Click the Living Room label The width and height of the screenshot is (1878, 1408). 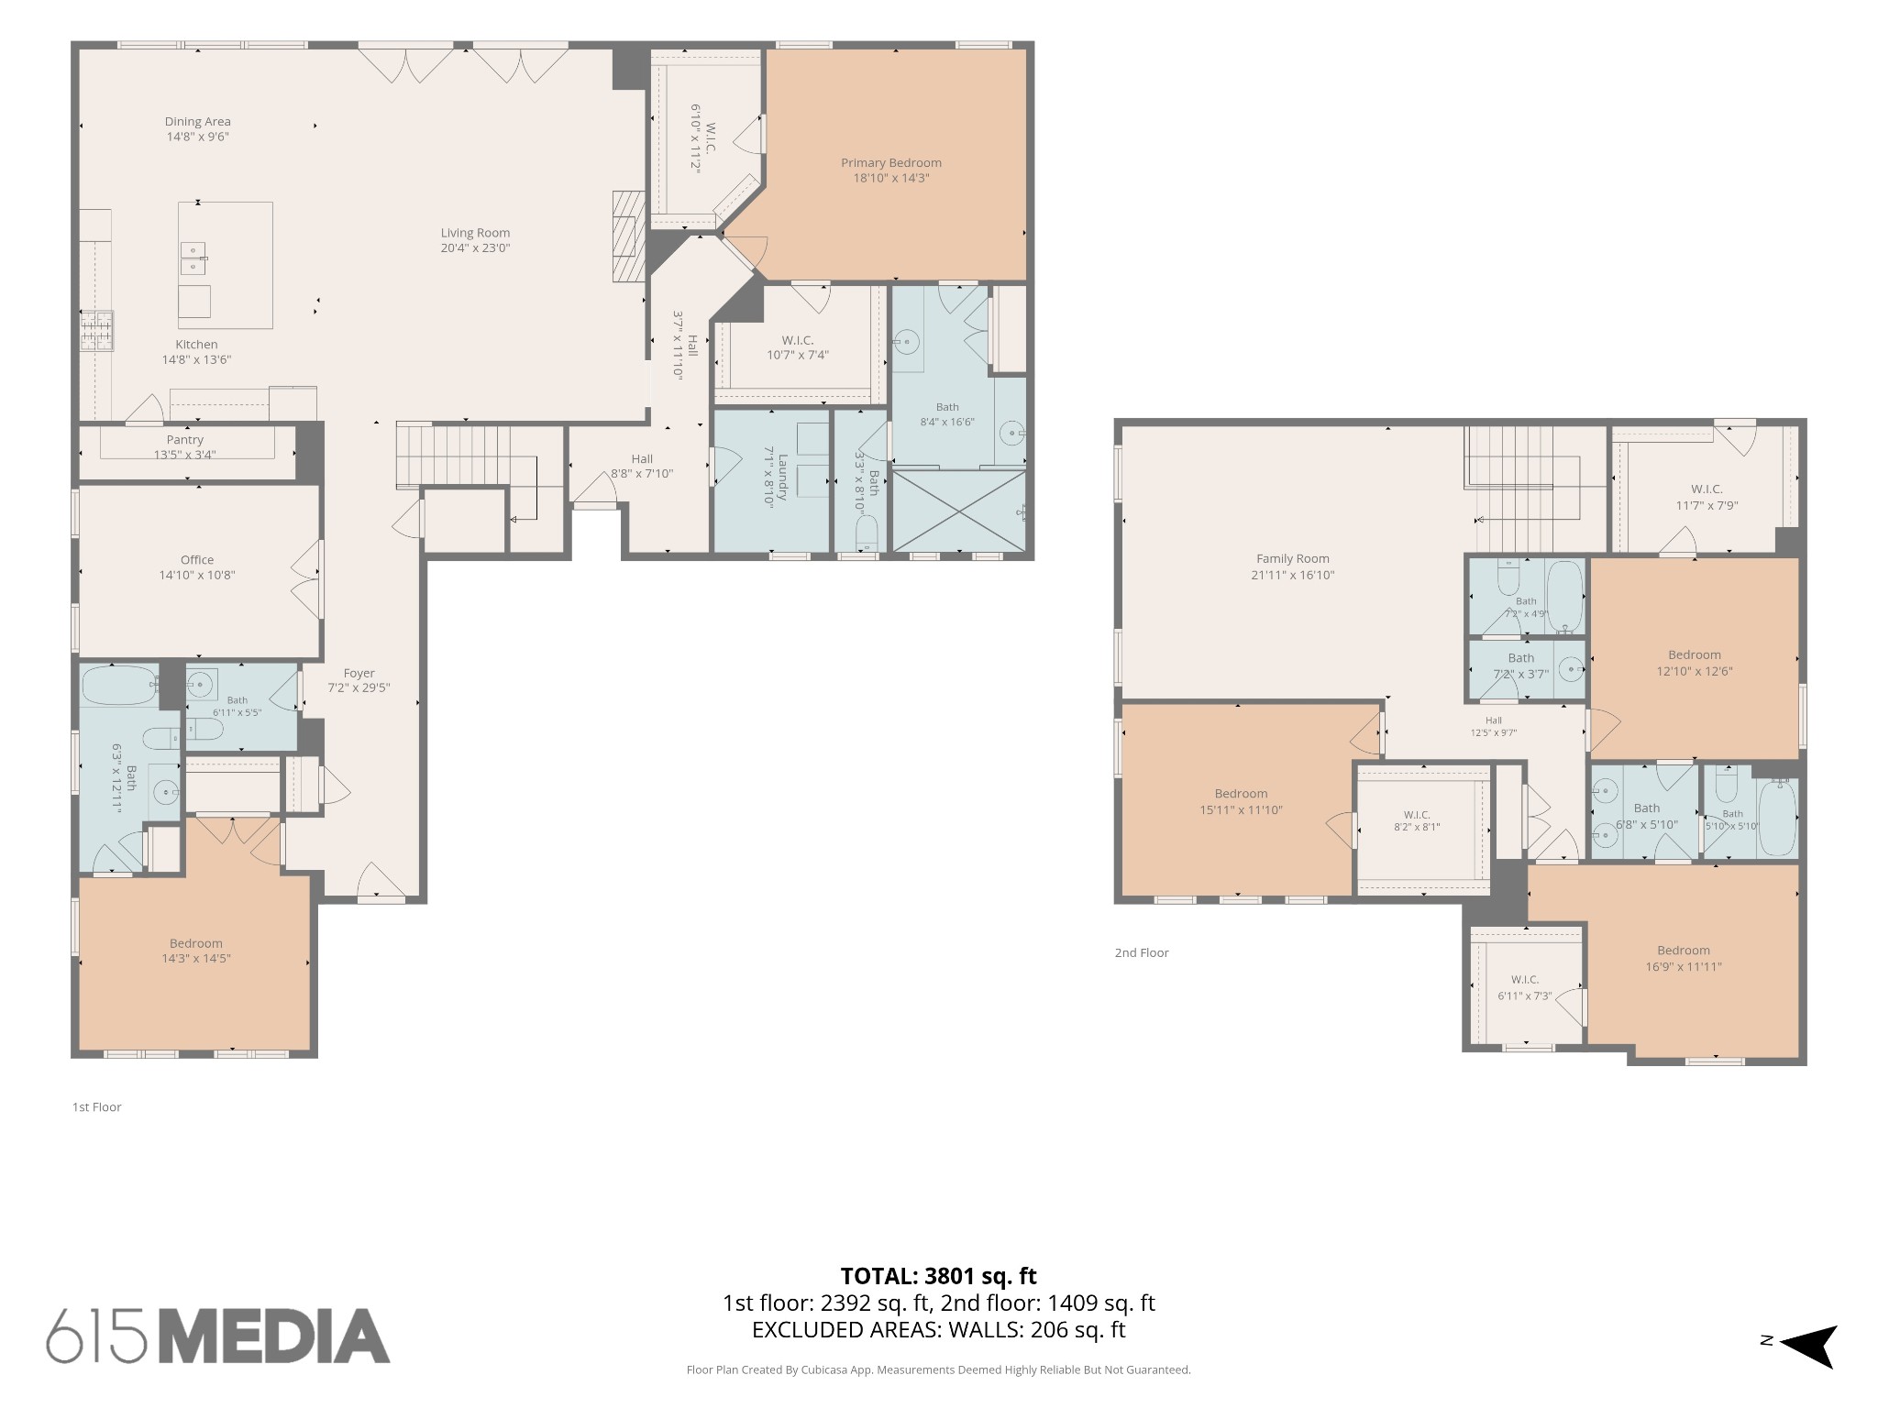click(x=475, y=233)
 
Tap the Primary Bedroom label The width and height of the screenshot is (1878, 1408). click(x=891, y=163)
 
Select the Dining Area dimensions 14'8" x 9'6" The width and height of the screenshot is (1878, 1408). click(x=198, y=137)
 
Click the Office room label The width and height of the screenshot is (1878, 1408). click(x=197, y=560)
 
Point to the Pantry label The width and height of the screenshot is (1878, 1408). click(x=185, y=440)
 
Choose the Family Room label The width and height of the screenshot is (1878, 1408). click(x=1293, y=558)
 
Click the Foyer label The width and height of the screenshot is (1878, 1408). click(x=359, y=673)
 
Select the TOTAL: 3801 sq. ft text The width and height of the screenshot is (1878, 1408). click(x=939, y=1276)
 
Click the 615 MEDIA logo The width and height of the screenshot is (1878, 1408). click(x=218, y=1335)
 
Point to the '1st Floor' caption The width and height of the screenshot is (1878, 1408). click(x=97, y=1106)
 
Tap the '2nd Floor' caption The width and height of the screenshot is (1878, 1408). click(x=1142, y=952)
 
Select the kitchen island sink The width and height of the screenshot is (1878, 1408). click(x=193, y=258)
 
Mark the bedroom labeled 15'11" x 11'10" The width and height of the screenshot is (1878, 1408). click(x=1241, y=802)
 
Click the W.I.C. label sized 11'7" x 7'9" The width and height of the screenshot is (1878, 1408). click(x=1707, y=497)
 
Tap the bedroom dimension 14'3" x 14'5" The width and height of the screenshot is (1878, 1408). click(x=195, y=959)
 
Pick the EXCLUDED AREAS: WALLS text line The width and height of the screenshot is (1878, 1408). click(x=939, y=1330)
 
